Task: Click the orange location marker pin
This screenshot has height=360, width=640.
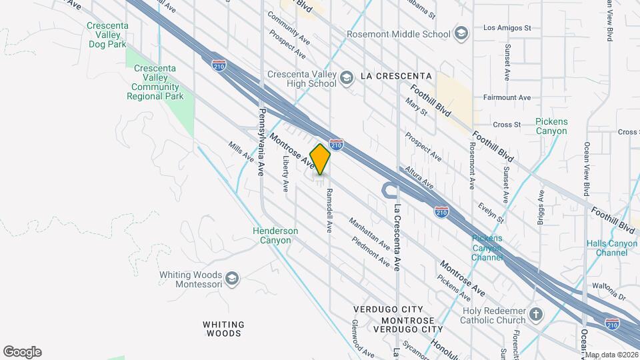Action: (x=320, y=159)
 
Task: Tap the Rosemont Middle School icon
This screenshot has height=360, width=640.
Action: (x=461, y=33)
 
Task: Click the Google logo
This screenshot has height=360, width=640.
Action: (x=22, y=352)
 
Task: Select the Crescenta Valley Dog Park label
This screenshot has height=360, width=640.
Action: (x=107, y=35)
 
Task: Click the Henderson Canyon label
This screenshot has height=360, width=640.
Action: (x=275, y=235)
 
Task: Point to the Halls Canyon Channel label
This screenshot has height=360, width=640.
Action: (x=611, y=248)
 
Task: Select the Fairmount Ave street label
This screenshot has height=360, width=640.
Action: (x=507, y=97)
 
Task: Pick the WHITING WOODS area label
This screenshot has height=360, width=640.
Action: (x=223, y=329)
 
